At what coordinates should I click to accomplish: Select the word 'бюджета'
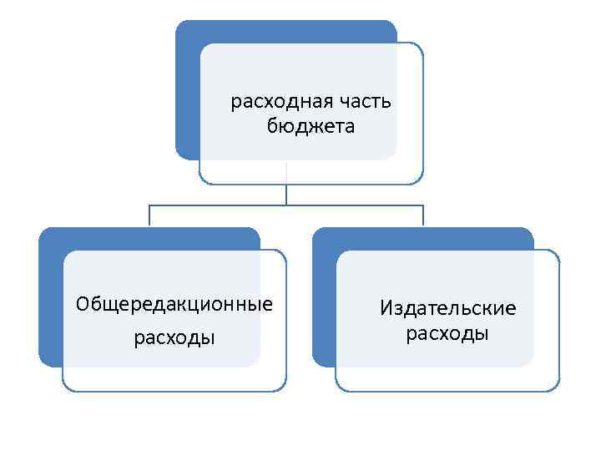(x=311, y=127)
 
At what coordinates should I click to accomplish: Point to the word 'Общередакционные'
(x=174, y=303)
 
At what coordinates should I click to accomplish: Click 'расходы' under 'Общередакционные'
(x=174, y=338)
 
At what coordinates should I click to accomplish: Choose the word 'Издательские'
(x=448, y=308)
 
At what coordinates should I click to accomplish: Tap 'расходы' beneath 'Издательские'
(x=447, y=334)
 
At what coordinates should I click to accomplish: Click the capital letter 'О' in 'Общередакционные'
(x=82, y=303)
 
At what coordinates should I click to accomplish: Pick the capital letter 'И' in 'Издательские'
(x=386, y=308)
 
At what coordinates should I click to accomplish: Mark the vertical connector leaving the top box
(x=286, y=194)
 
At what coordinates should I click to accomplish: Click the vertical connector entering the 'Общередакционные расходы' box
(x=149, y=215)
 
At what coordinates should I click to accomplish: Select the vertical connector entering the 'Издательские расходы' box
(x=423, y=215)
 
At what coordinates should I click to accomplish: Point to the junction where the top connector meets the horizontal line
(x=286, y=205)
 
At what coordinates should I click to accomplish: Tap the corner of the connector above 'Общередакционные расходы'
(x=149, y=205)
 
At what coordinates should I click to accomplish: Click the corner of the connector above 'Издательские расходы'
(x=423, y=205)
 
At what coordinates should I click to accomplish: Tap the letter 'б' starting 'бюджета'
(x=272, y=126)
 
